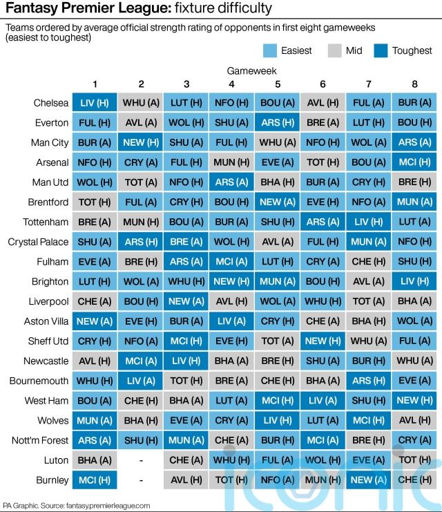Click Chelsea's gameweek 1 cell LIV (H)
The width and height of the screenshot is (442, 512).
95,103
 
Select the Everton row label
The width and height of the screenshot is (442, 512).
51,123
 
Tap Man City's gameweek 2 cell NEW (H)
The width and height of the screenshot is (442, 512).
141,143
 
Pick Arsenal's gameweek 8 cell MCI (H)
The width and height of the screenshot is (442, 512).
414,163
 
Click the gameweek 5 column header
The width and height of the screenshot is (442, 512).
277,84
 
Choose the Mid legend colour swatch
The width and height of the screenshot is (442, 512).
335,50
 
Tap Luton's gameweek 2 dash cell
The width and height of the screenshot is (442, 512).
141,460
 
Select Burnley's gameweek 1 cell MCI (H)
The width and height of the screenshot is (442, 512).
95,480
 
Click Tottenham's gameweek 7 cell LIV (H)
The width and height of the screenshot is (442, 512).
368,222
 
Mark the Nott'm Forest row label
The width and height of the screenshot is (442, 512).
42,440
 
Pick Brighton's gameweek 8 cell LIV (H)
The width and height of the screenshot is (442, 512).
414,282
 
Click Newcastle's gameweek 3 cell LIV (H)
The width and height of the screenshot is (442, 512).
186,361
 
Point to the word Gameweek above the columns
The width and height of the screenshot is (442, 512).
253,71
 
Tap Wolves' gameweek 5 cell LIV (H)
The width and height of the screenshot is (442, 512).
277,420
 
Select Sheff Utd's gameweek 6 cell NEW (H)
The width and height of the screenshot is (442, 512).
323,341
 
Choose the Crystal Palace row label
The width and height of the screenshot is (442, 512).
39,243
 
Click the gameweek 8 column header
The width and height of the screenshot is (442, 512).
414,84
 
